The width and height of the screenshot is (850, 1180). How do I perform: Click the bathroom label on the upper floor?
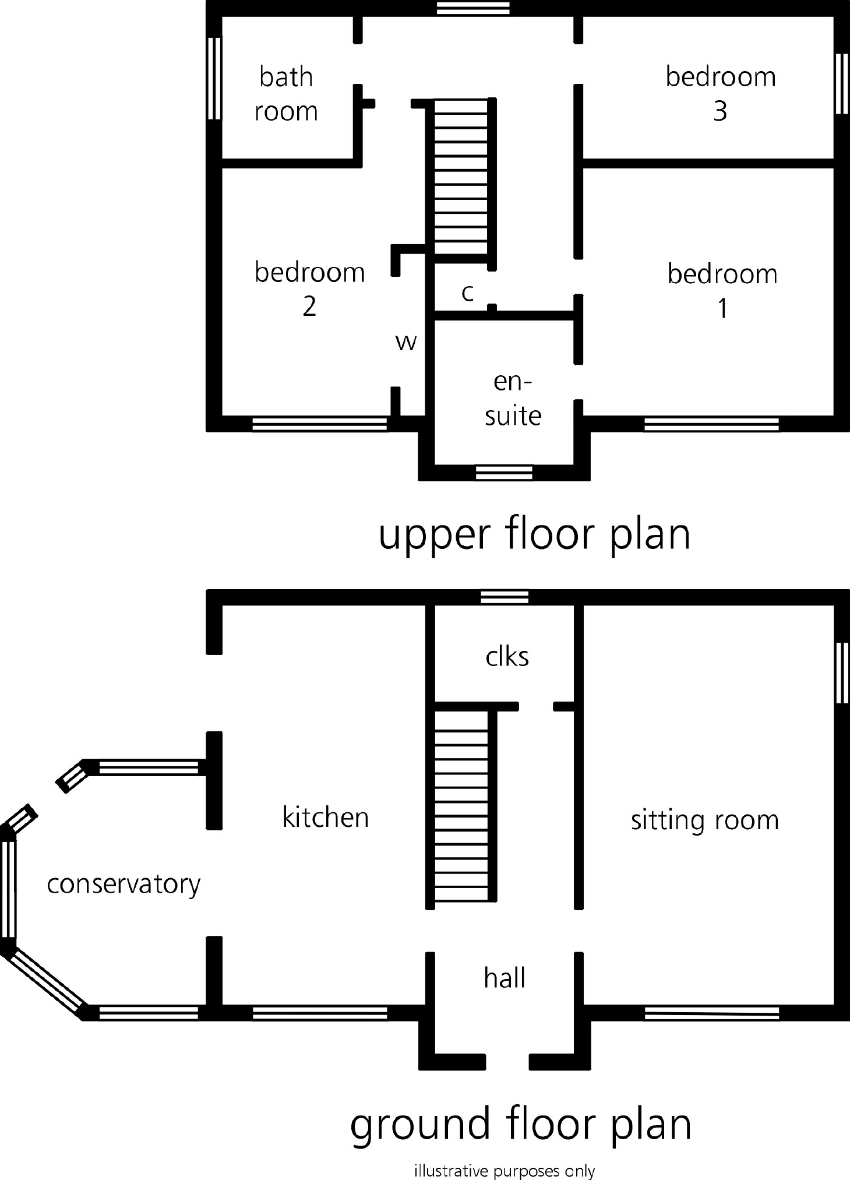[x=286, y=94]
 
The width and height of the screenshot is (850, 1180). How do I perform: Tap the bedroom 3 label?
[x=721, y=94]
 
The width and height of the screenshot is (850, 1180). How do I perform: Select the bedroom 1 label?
[x=722, y=291]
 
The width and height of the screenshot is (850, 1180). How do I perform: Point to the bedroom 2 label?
[x=309, y=289]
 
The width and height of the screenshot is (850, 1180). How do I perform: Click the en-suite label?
[x=513, y=399]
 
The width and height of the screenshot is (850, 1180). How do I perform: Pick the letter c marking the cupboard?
[x=467, y=293]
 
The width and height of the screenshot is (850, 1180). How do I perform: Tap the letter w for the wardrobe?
[x=406, y=343]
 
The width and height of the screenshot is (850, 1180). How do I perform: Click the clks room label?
[x=507, y=657]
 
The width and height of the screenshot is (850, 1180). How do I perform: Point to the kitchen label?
[x=326, y=817]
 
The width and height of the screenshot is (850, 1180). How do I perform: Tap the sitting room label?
[x=705, y=820]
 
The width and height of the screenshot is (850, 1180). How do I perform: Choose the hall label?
[x=505, y=977]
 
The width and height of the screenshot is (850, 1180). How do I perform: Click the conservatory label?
[x=124, y=885]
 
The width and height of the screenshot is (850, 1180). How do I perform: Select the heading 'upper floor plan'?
[x=534, y=535]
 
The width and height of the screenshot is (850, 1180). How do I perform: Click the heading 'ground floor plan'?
[x=520, y=1125]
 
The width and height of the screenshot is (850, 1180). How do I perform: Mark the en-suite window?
[x=504, y=472]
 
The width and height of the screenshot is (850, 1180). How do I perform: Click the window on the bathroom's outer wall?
[x=214, y=79]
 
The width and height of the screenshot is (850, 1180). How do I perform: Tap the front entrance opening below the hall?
[x=507, y=1062]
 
